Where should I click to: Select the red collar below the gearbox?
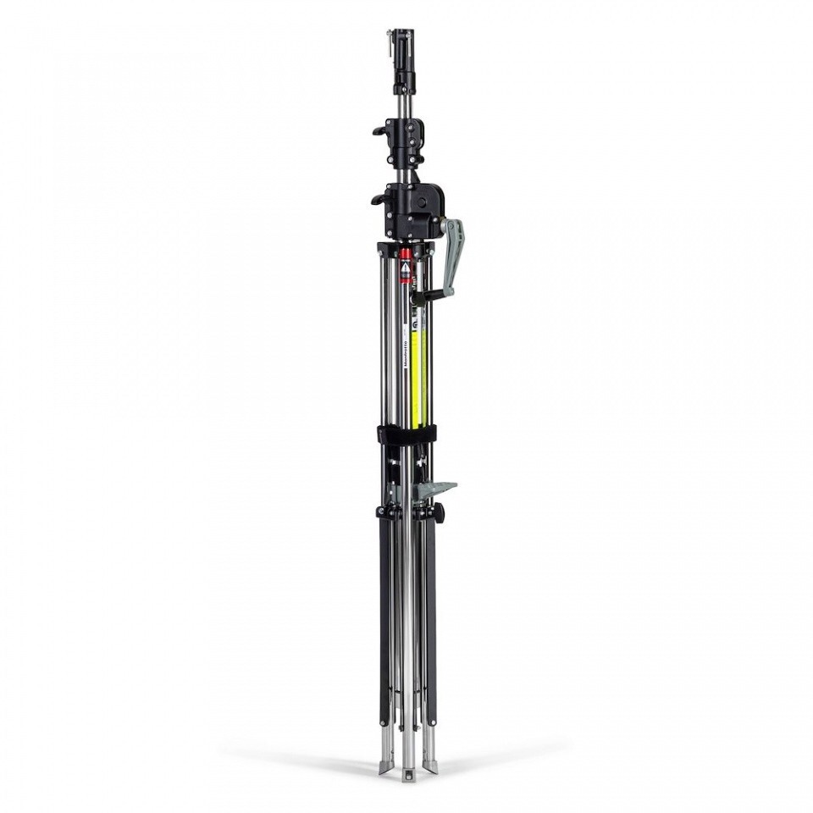[x=405, y=254]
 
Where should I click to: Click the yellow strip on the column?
[x=416, y=373]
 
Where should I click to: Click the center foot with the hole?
[x=408, y=773]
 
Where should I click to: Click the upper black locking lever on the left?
[x=379, y=130]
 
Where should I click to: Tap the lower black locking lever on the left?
[x=377, y=200]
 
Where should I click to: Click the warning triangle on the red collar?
[x=405, y=266]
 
